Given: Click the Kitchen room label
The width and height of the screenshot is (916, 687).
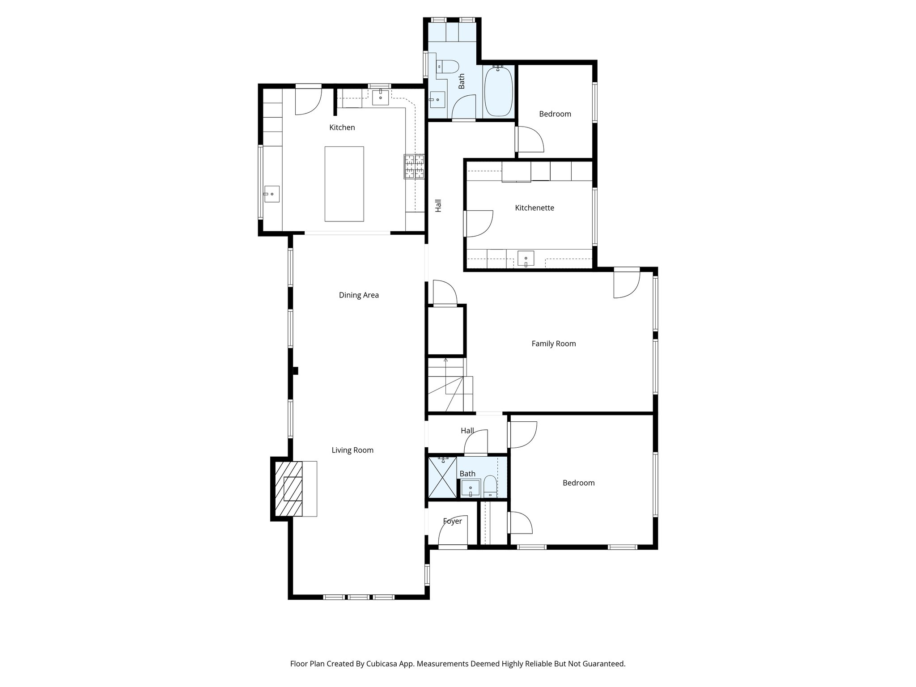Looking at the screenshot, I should (x=342, y=127).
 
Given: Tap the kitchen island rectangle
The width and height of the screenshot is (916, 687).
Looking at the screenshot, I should (x=344, y=184).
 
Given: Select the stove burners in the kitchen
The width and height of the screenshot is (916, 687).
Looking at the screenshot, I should (x=414, y=166).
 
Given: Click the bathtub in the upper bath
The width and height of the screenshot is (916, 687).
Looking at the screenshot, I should (x=498, y=91).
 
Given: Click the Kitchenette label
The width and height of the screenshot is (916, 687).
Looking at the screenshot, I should (x=534, y=208).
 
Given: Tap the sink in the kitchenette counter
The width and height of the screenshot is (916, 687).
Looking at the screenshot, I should (x=526, y=259).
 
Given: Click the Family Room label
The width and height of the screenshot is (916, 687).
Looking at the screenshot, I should (x=553, y=343).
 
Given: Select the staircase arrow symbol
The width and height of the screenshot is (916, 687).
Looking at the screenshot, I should (x=445, y=361).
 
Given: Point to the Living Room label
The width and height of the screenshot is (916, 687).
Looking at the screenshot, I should (x=352, y=450).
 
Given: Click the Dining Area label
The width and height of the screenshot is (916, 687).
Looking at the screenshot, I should (x=358, y=295).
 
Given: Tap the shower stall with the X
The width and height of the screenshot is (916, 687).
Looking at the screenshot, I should (x=442, y=477).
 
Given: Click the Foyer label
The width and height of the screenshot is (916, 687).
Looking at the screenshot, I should (x=452, y=521).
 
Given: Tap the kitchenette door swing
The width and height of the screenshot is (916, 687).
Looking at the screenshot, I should (x=479, y=223).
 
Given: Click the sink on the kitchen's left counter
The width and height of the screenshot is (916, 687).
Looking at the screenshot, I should (x=271, y=194).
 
